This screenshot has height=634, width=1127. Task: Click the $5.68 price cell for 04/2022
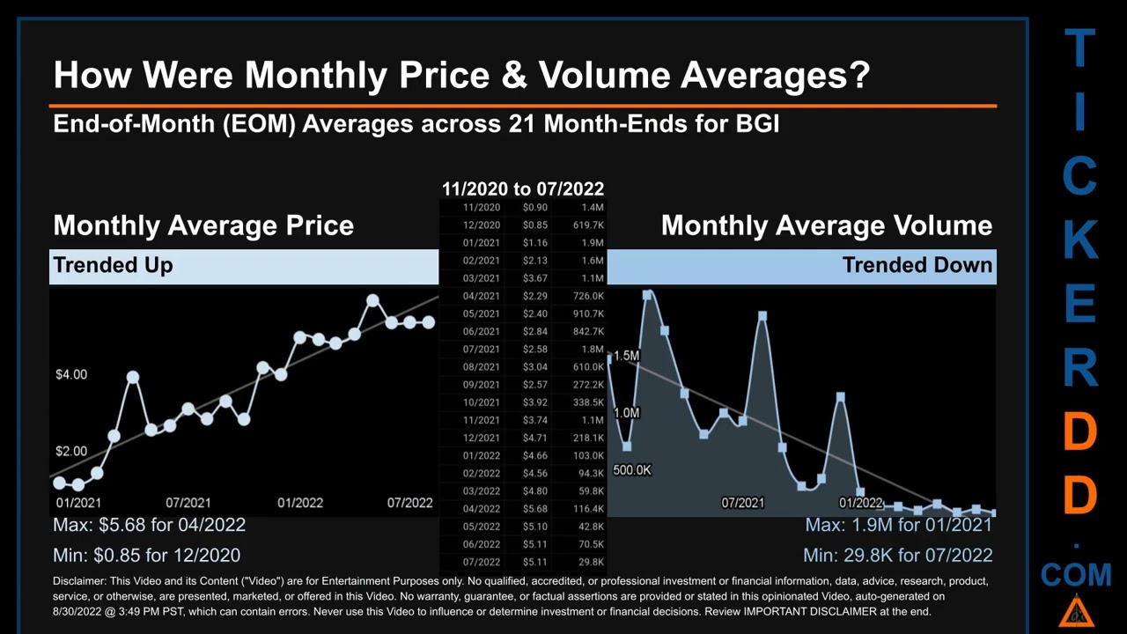[x=534, y=509]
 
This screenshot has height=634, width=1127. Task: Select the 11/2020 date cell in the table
[x=482, y=208]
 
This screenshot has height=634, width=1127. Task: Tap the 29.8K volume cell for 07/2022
[x=591, y=562]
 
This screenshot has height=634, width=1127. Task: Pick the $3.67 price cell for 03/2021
[x=534, y=278]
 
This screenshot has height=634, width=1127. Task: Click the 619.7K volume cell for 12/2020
[x=587, y=225]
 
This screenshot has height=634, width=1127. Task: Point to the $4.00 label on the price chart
[x=71, y=375]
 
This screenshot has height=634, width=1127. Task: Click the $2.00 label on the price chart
[x=71, y=452]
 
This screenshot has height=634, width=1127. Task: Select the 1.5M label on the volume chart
[x=626, y=356]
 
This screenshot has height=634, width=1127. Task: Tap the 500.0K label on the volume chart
[x=632, y=470]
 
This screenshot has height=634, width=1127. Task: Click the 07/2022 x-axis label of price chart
[x=410, y=503]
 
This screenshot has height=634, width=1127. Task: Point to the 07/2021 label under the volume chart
[x=743, y=503]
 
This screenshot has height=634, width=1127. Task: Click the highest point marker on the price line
[x=372, y=301]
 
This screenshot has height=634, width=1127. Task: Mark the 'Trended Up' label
[x=113, y=265]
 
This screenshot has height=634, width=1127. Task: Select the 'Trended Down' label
[x=917, y=265]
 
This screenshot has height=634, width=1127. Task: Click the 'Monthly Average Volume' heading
[x=826, y=225]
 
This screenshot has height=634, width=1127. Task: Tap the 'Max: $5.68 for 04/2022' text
[x=149, y=525]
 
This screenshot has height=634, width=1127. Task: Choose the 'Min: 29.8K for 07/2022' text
[x=897, y=556]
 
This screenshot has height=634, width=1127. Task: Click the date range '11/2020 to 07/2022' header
[x=523, y=188]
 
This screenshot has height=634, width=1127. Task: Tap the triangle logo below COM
[x=1076, y=610]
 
